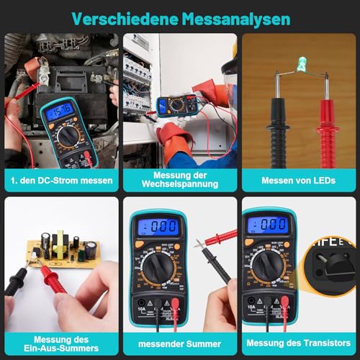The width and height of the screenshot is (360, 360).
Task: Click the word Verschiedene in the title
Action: click(124, 17)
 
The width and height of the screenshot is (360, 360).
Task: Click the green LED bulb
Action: click(301, 66)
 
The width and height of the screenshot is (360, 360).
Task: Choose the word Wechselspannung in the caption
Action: click(180, 184)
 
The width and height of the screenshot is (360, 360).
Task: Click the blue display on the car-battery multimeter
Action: click(60, 111)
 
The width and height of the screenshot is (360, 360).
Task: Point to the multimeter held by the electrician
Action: click(176, 106)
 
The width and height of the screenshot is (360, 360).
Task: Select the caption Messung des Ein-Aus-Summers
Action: click(62, 343)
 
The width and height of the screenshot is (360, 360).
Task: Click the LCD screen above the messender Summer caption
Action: click(158, 226)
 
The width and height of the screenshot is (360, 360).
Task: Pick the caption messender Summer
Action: click(180, 343)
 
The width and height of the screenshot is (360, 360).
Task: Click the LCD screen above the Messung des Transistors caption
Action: click(267, 225)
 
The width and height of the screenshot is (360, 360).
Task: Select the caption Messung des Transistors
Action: click(298, 343)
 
